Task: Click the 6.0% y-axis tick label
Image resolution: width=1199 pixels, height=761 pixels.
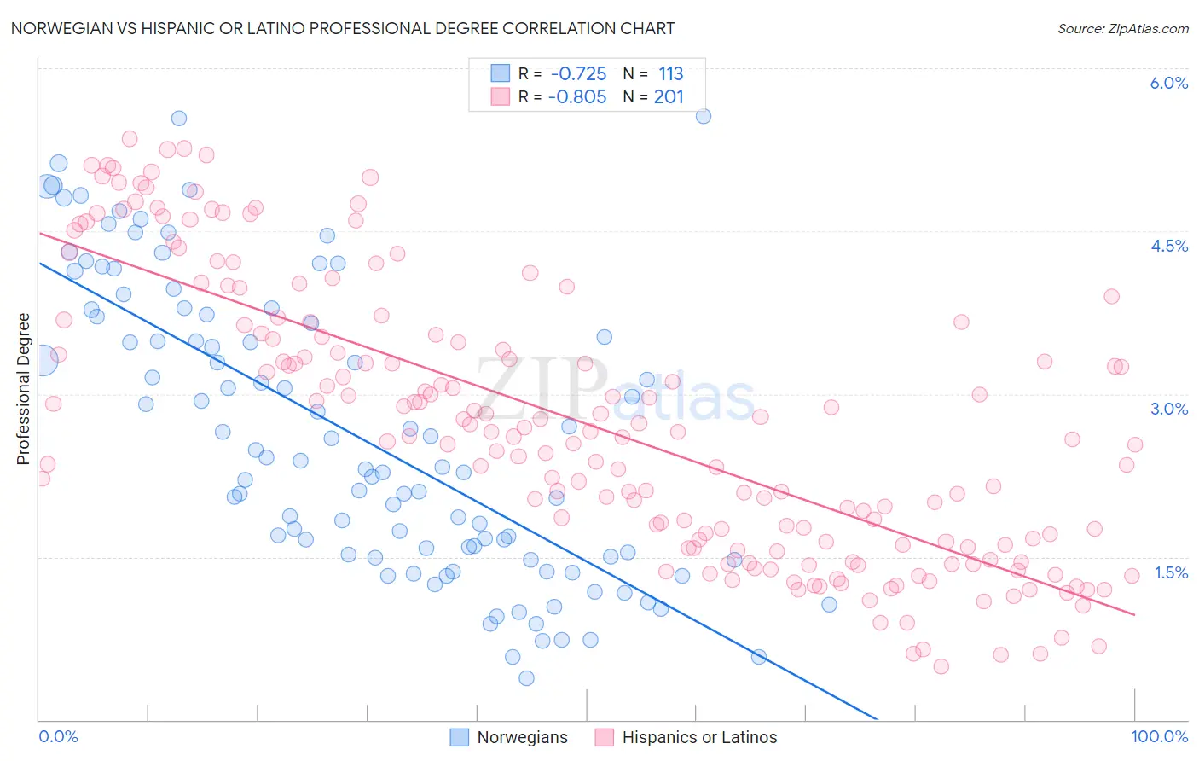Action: click(1168, 83)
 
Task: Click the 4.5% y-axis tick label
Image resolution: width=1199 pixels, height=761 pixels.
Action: click(1168, 246)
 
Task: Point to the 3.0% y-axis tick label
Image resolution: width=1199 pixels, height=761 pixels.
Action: click(1168, 409)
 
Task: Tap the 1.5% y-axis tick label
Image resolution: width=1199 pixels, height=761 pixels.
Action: click(1170, 572)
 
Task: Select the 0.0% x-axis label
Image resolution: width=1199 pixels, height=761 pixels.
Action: click(58, 736)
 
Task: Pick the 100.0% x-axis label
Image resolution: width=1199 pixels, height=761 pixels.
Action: click(1159, 736)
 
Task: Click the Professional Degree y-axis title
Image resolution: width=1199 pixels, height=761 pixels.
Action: click(23, 389)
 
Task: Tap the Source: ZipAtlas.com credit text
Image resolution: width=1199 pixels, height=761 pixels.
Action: click(1122, 28)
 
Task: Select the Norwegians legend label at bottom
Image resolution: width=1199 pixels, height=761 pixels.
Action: click(522, 737)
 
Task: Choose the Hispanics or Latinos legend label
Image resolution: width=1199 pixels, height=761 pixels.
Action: click(699, 737)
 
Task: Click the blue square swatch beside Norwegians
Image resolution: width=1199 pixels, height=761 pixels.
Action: click(460, 737)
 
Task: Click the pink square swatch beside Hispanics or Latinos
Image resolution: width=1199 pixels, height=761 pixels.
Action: click(605, 737)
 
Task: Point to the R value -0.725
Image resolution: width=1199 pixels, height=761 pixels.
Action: click(578, 73)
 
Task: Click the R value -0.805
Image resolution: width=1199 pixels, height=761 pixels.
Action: click(576, 96)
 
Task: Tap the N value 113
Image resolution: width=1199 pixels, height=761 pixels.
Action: click(670, 73)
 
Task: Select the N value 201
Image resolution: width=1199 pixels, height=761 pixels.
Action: click(669, 96)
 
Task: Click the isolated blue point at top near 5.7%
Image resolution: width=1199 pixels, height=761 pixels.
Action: click(704, 116)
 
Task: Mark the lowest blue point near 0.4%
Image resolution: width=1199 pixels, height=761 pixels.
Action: click(526, 678)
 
